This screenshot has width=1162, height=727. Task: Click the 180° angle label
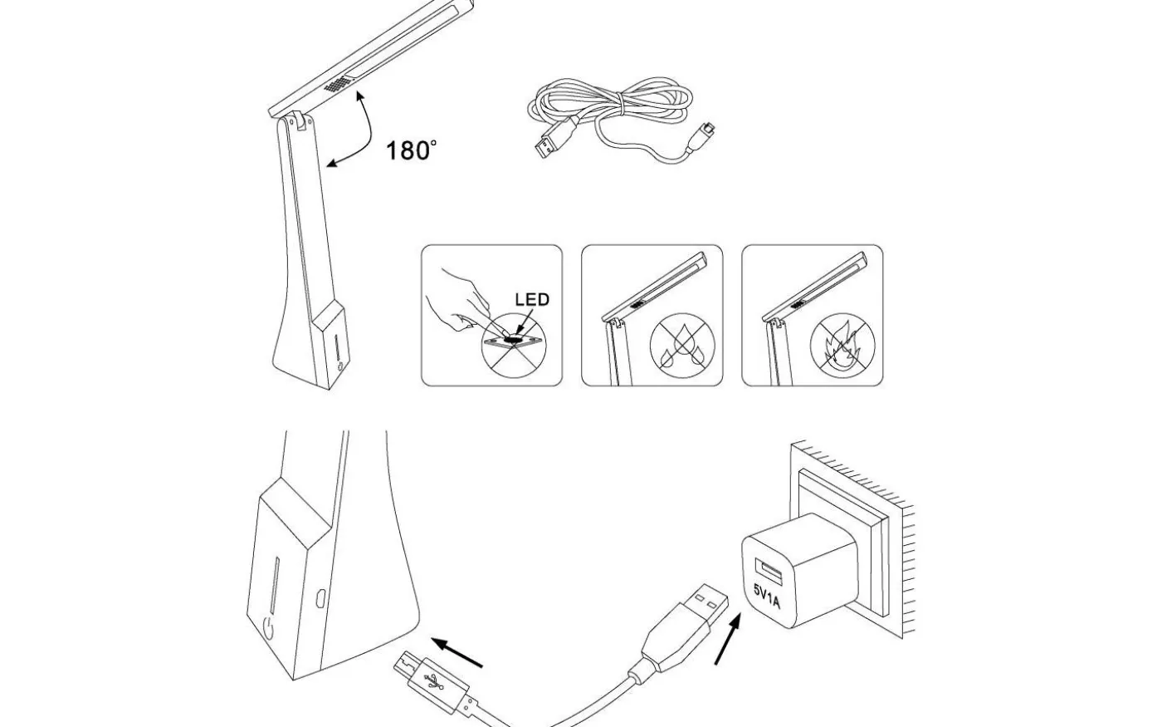411,150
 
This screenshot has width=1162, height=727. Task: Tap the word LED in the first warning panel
532,300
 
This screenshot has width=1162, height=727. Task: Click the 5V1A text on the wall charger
767,597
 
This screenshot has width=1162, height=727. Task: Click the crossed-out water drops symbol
682,346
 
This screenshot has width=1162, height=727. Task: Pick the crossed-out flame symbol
842,346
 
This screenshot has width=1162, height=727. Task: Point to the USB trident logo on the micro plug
433,682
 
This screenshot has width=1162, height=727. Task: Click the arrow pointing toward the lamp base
457,653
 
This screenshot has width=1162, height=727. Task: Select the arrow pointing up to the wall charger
727,638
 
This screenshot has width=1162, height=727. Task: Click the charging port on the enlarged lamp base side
321,597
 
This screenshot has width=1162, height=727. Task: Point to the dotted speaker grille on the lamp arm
336,85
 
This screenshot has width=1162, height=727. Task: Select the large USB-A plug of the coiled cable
554,140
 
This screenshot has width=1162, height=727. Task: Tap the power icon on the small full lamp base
339,366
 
